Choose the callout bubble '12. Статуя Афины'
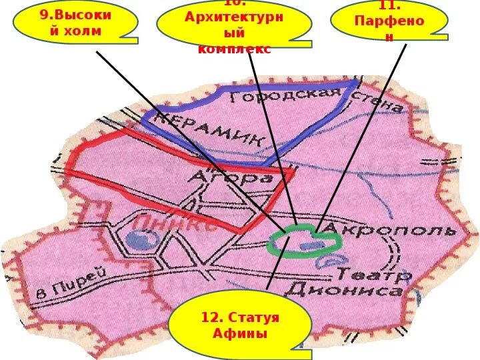click(240, 325)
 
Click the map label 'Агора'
click(231, 179)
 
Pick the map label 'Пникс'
click(175, 223)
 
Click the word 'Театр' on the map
click(374, 274)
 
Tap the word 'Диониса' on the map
click(343, 291)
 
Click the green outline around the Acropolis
click(273, 247)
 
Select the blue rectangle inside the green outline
click(309, 245)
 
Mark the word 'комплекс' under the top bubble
click(234, 49)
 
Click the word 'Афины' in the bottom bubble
click(241, 333)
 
